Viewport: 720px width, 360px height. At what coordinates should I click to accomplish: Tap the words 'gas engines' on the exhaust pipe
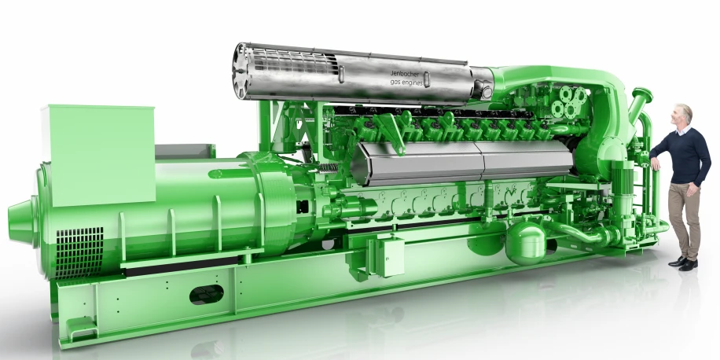tap(406, 82)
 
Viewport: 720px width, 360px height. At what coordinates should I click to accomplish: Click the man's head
tap(683, 116)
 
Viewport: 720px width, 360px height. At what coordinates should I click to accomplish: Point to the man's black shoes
tap(683, 263)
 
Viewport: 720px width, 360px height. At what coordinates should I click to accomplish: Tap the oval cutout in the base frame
tap(206, 295)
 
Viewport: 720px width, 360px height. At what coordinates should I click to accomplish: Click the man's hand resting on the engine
tap(654, 163)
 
